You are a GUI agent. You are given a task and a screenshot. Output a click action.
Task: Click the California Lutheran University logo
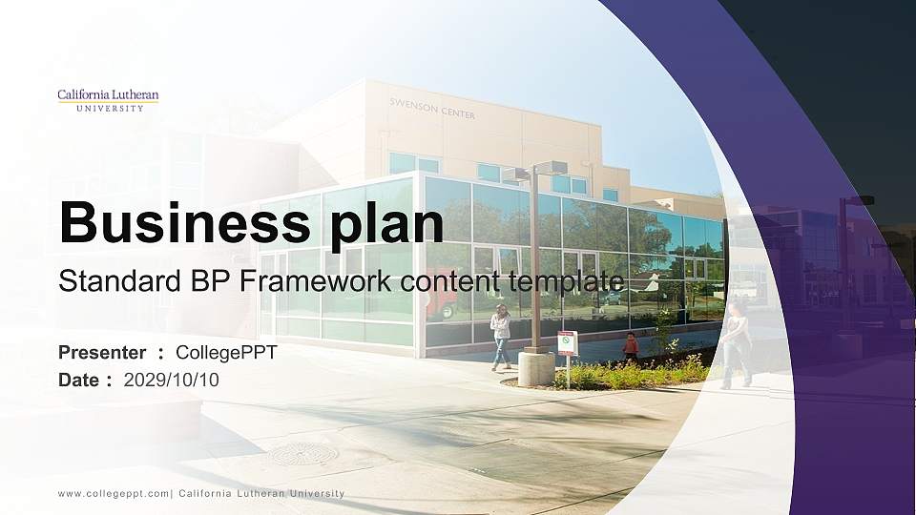coord(108,100)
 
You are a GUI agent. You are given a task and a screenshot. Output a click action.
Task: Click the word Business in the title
coord(184,223)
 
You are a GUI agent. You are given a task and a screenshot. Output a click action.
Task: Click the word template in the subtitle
coord(566,282)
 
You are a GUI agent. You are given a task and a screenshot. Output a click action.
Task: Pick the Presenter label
coord(102,353)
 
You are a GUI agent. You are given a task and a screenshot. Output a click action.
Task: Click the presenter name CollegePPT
coord(226,353)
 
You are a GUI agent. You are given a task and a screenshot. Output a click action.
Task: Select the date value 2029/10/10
coord(171,381)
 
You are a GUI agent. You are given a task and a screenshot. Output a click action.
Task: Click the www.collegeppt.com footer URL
coord(114,494)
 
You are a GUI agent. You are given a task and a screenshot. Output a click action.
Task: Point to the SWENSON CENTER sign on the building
coord(432,109)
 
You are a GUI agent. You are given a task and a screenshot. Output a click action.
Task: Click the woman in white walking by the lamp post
coord(501,337)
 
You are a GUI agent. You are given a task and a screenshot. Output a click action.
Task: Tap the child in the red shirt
coord(631,346)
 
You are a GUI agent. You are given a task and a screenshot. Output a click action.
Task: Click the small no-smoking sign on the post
coord(566,342)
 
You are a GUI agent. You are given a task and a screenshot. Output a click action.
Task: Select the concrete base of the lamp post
coord(535,368)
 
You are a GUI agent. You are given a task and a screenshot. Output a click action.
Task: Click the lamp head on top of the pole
coord(535,172)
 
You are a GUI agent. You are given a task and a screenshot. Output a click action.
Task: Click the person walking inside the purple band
coord(734,345)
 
